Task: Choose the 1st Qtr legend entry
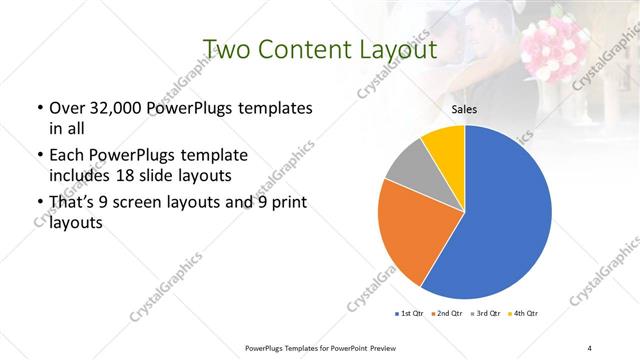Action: click(x=411, y=314)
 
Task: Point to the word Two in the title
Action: click(x=224, y=50)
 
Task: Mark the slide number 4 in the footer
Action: click(x=590, y=348)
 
